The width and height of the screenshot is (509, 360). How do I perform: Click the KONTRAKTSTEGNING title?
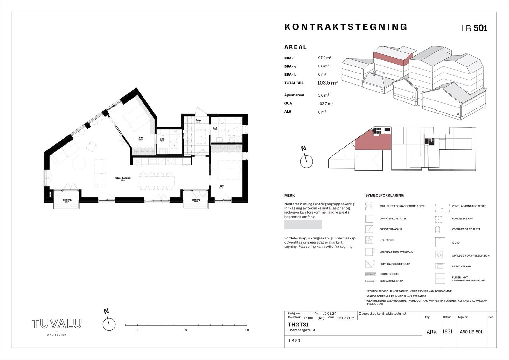pos(346,27)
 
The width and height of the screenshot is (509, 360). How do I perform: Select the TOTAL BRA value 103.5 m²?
pos(327,83)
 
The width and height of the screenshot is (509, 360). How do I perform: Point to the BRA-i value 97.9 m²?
pos(325,58)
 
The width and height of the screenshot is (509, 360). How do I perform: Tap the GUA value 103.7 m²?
pos(326,103)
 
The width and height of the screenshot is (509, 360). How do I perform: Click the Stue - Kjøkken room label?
pos(123,178)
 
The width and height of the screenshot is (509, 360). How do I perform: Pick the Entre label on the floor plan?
pos(199,120)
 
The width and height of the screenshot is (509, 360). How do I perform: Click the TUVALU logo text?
pos(57,324)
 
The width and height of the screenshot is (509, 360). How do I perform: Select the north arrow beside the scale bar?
pos(109,324)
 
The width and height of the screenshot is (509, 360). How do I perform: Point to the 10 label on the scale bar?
pos(247,330)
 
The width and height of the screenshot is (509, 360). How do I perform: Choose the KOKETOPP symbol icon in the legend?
pos(369,240)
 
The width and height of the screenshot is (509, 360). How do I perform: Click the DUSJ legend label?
pos(456,243)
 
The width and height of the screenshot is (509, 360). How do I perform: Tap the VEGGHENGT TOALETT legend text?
pos(466,229)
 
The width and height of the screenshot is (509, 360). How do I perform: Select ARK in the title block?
pos(431,332)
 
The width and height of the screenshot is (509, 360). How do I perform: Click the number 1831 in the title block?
pos(447,332)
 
